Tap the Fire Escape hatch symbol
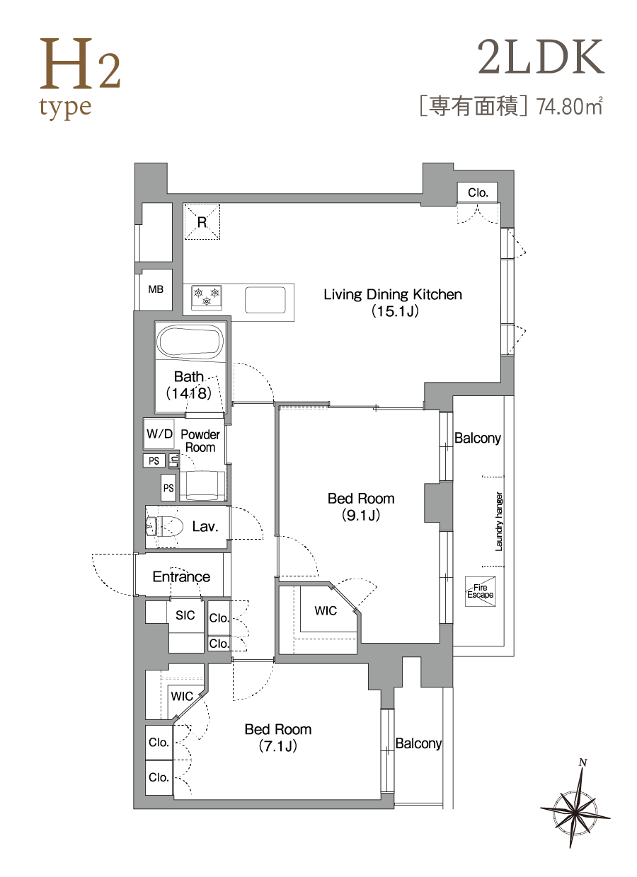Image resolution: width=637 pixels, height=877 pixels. pos(481,591)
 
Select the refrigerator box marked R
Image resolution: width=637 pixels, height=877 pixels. pos(202,221)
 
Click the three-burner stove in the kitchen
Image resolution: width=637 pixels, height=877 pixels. pos(207,298)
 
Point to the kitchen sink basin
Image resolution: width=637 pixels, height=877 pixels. pos(265,300)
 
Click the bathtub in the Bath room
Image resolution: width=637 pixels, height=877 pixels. pos(190,342)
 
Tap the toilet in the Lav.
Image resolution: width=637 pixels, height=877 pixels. pos(165,527)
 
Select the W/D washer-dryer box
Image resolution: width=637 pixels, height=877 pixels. pos(159,434)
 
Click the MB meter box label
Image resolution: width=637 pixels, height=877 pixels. pos(156,289)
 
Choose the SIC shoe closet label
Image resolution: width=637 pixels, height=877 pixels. pos(185,615)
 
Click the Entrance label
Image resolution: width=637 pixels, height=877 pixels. pos(181,576)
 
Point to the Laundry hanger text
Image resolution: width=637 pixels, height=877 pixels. pos(499,521)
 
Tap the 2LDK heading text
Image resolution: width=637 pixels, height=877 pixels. pos(541,57)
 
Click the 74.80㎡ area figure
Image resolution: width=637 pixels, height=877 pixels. pos(570,106)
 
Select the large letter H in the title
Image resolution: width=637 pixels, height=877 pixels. pos(67,63)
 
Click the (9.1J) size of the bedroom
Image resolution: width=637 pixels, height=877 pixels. pos(361,515)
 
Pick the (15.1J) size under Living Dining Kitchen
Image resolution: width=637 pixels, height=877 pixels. pos(395,311)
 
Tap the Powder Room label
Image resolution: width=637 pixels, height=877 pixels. pos(200,441)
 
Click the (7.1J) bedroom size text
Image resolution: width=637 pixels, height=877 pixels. pos(277,746)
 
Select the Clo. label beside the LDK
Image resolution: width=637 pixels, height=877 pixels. pos(478,192)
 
